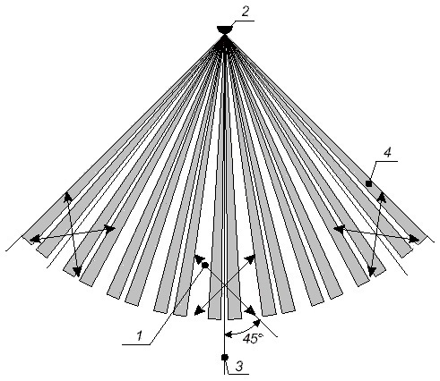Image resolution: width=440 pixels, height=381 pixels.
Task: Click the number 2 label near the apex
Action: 246,12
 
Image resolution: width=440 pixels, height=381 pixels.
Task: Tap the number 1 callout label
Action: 139,336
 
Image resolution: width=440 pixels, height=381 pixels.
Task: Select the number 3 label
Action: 239,366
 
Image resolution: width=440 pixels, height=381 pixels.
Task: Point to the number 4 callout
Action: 387,153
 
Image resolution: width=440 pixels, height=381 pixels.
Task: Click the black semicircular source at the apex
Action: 224,30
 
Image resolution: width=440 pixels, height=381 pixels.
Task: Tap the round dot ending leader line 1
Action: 205,265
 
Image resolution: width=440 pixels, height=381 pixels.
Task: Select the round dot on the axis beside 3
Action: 225,357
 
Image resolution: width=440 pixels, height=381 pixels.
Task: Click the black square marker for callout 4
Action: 369,183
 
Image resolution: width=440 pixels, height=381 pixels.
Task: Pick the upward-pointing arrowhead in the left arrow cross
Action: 68,197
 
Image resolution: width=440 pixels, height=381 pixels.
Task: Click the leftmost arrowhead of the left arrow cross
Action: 35,239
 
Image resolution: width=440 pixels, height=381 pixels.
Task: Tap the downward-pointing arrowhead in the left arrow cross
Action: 77,271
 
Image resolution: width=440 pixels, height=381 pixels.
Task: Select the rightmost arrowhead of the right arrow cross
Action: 415,239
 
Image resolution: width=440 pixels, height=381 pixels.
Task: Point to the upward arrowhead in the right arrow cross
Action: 383,197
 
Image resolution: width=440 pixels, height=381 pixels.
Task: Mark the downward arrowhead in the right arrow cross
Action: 372,272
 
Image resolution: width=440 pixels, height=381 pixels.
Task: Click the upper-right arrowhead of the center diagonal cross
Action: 251,259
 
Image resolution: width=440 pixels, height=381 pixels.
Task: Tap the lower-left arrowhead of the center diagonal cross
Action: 199,310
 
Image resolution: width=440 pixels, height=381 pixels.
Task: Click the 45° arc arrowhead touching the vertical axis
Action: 229,334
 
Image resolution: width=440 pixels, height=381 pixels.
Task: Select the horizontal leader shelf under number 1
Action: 136,345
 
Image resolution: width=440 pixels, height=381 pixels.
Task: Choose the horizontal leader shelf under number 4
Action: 386,161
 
